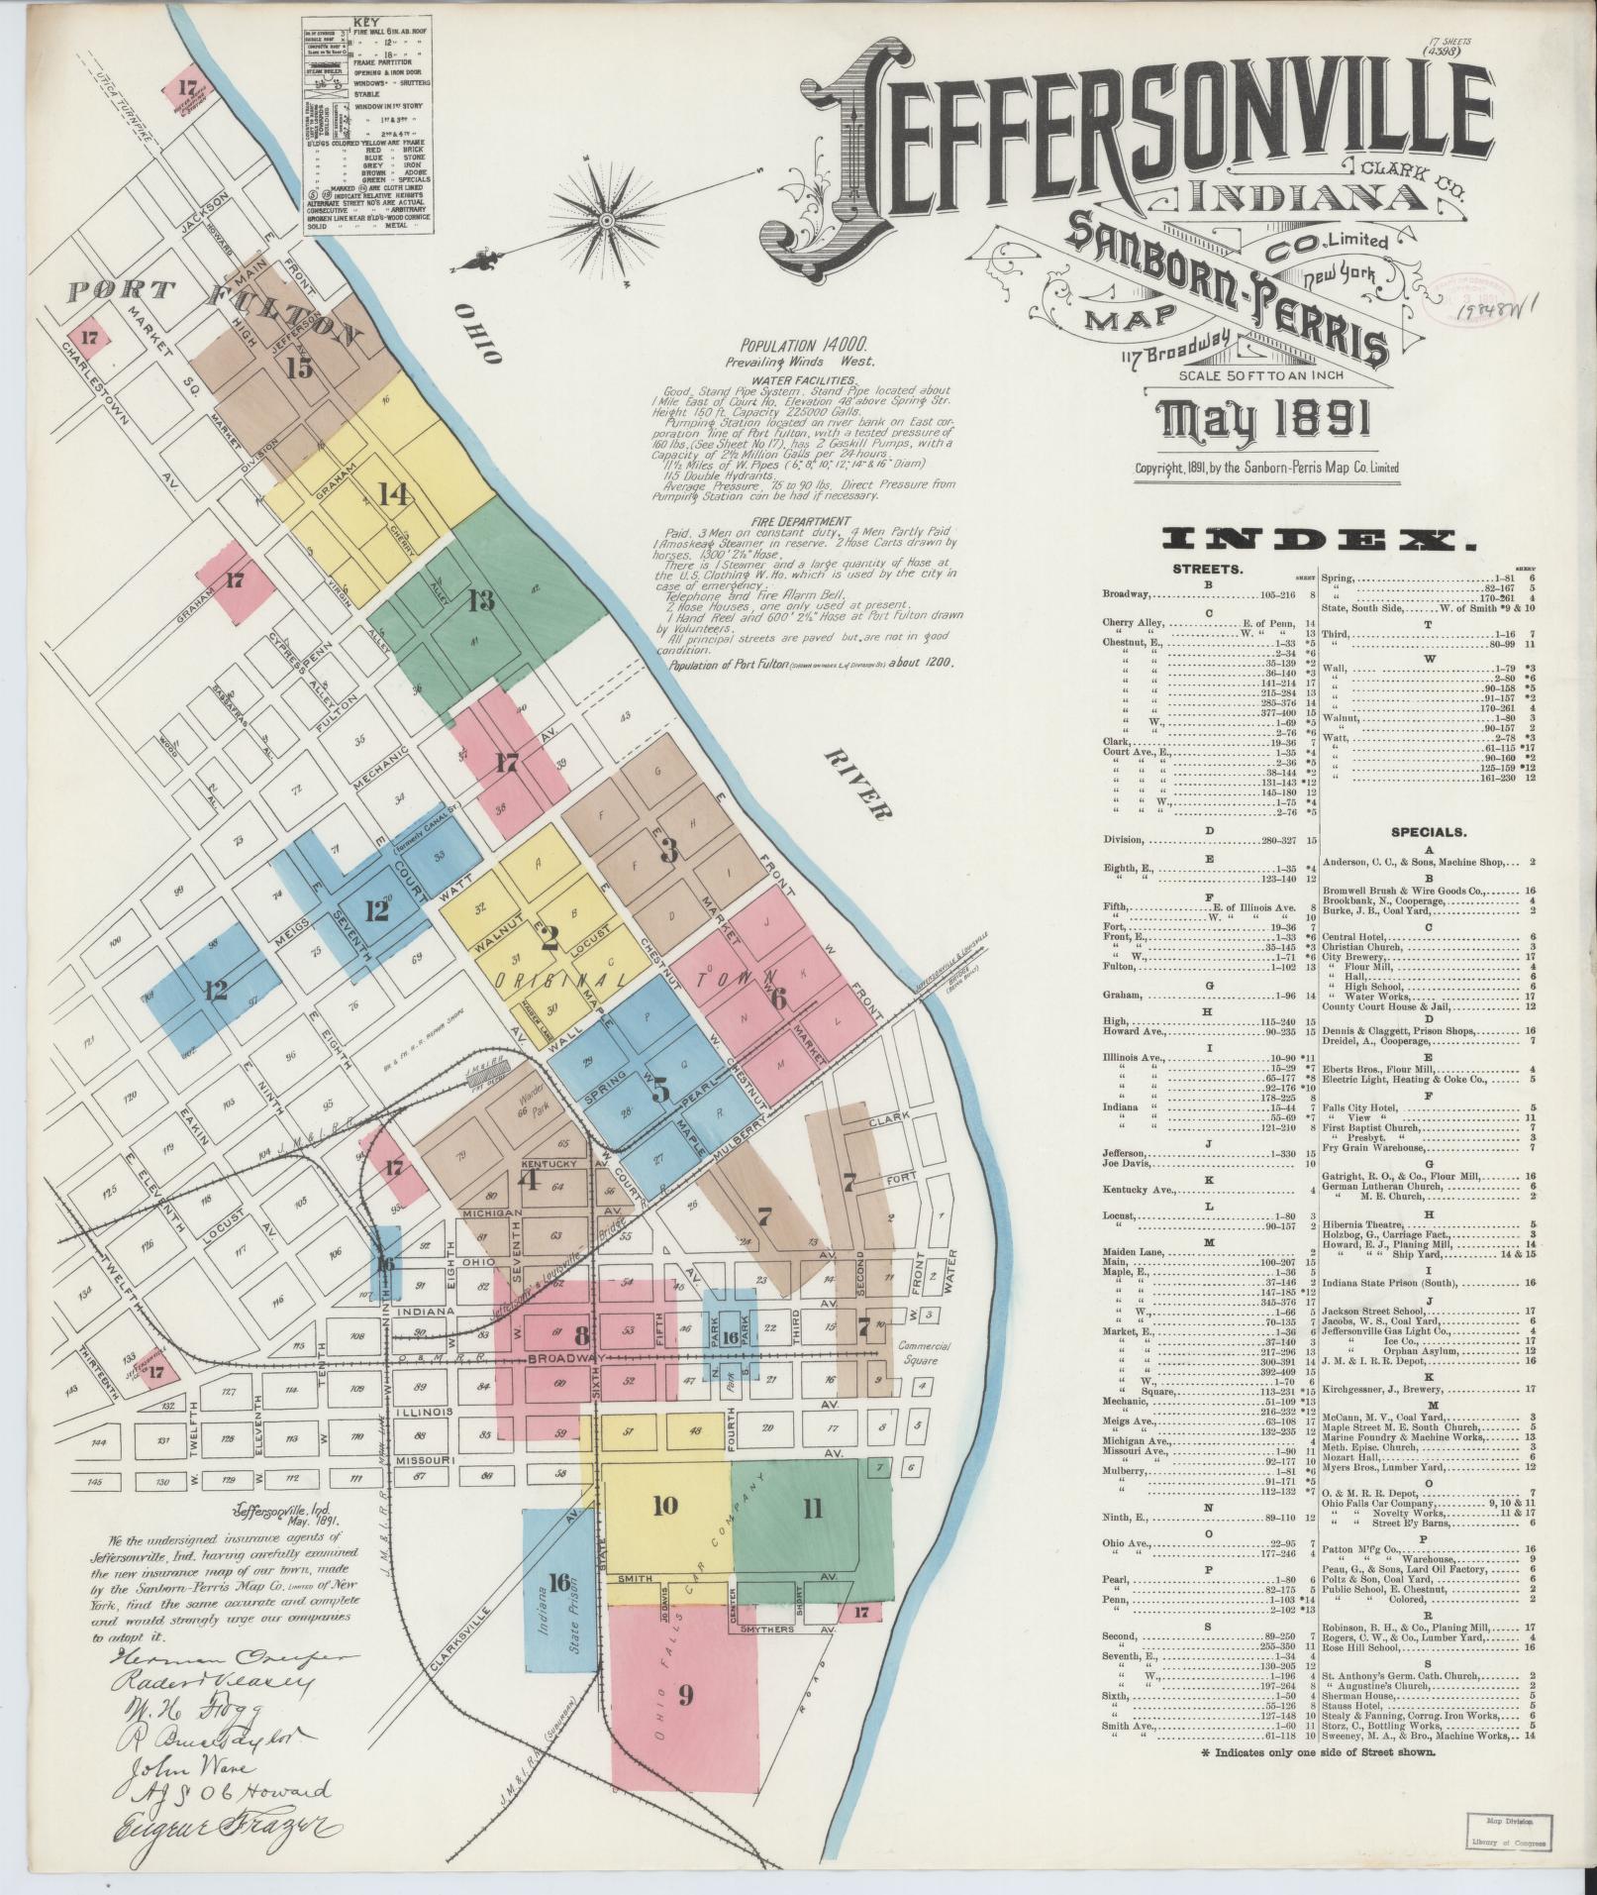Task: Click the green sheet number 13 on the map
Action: [x=482, y=600]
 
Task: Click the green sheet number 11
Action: [x=811, y=1509]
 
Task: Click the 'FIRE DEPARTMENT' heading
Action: [x=800, y=521]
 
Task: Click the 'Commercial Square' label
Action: [x=924, y=1354]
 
